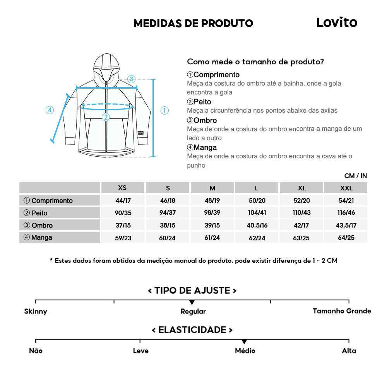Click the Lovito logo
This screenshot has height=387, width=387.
point(337,22)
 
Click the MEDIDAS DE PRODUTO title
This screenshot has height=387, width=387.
point(193,23)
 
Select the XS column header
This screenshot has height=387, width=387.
point(122,188)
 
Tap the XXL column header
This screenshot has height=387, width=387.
point(346,188)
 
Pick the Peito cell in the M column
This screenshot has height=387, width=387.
point(212,213)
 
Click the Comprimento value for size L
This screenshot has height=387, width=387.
point(257,200)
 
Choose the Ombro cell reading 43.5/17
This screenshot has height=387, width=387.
point(346,225)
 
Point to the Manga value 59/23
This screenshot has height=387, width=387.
point(123,238)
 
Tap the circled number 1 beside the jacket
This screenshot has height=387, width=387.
point(164,111)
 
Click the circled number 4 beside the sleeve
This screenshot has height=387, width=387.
point(50,110)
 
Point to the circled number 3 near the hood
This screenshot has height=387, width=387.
point(131,79)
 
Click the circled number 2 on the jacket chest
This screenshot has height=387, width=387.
point(106,117)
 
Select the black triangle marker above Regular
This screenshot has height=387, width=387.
point(192,302)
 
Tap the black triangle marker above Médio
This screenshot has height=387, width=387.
point(244,342)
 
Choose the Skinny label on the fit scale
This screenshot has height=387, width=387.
point(36,312)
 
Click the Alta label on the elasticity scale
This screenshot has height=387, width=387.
point(349,351)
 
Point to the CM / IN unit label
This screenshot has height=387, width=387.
point(355,176)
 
